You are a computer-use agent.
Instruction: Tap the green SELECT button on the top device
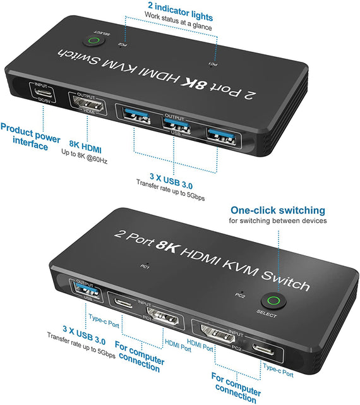point(94,42)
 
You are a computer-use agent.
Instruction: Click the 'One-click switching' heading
point(277,210)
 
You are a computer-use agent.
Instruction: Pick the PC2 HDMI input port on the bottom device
point(215,334)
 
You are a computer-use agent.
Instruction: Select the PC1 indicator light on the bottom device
point(147,264)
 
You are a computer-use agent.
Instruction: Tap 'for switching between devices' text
point(277,221)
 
